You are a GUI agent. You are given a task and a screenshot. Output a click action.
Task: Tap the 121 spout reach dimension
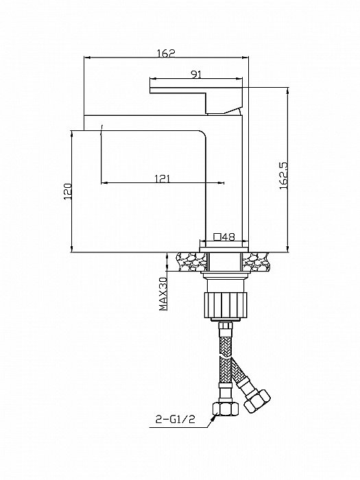tap(163, 178)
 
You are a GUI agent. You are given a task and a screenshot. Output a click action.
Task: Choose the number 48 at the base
tap(228, 237)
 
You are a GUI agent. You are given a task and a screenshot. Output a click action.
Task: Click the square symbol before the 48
tap(217, 237)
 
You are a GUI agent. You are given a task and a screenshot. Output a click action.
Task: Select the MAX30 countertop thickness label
tap(163, 293)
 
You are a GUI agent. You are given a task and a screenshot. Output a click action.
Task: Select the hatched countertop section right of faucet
tap(256, 261)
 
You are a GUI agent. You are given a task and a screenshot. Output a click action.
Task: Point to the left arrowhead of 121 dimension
tap(104, 182)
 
